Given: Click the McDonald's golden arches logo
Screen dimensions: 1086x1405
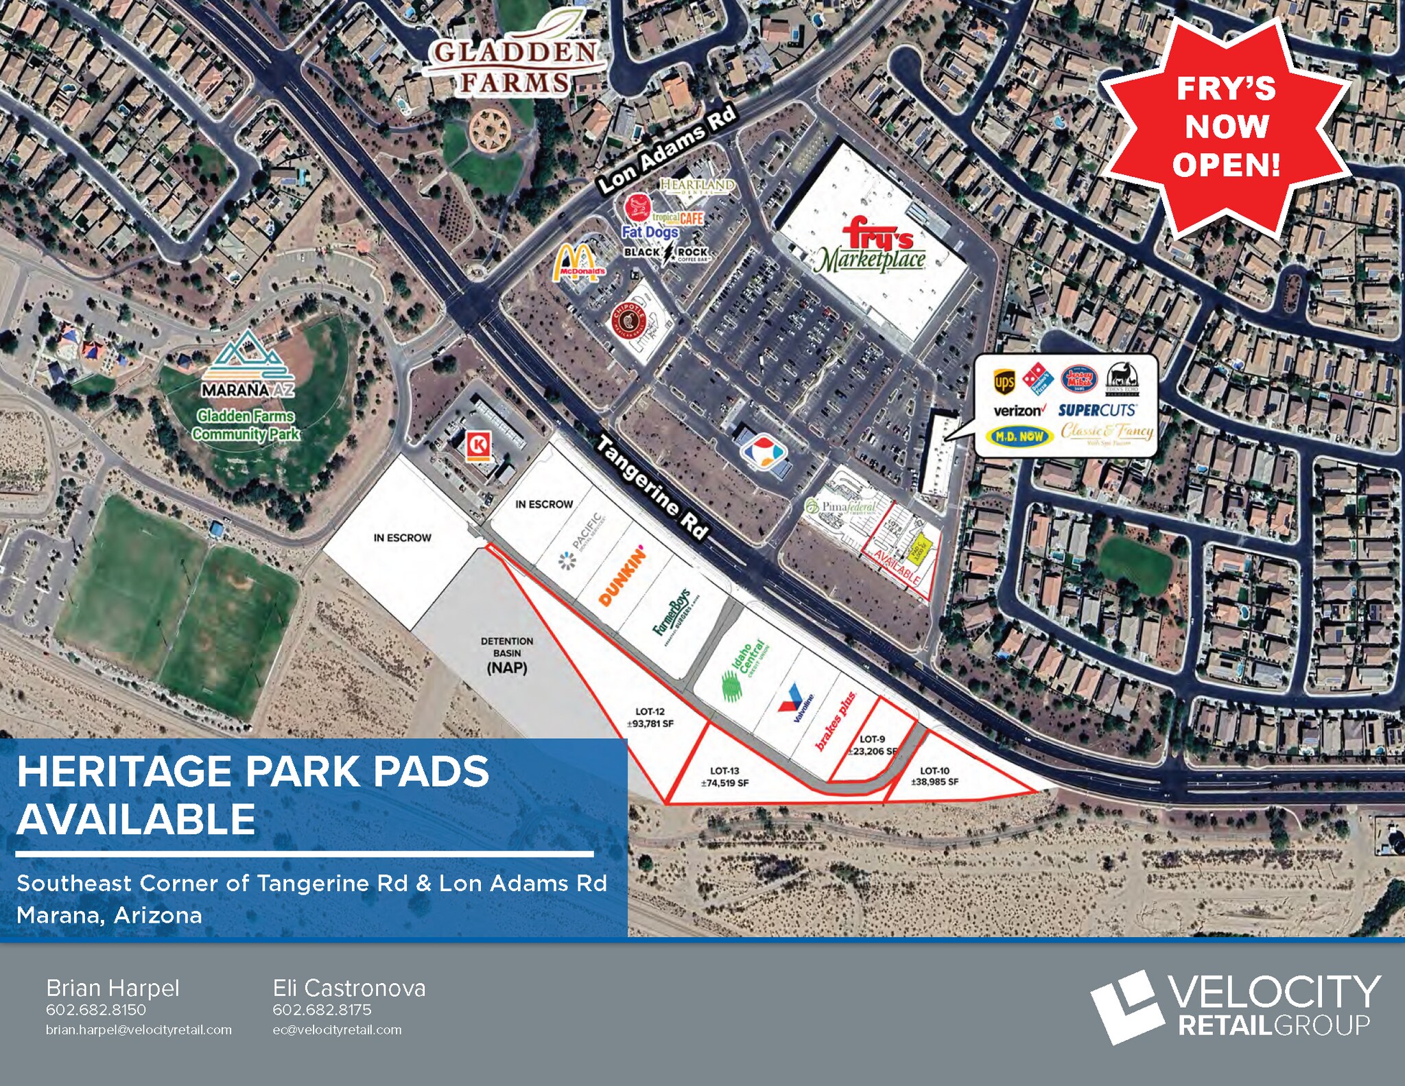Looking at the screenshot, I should click(578, 263).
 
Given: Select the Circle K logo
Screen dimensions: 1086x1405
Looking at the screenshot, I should click(478, 445).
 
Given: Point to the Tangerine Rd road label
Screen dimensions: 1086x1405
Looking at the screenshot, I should click(650, 486).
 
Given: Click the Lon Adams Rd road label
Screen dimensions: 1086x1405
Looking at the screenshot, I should click(666, 149).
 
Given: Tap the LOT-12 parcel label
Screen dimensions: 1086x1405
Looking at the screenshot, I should click(650, 718).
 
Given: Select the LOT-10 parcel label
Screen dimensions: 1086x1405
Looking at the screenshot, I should click(934, 776).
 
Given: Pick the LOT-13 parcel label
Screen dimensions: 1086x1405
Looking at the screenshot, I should click(724, 777).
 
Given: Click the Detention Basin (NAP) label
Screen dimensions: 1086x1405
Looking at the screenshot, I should click(507, 654).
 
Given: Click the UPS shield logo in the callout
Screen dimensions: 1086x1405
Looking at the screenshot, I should click(1004, 382).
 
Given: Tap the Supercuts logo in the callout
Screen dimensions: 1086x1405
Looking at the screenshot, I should click(1097, 410).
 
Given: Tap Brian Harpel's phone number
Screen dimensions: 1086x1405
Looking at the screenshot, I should click(96, 1010).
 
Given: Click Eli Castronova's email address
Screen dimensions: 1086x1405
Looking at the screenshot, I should click(337, 1030).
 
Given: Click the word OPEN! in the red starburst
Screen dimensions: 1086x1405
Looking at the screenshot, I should click(1226, 165).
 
